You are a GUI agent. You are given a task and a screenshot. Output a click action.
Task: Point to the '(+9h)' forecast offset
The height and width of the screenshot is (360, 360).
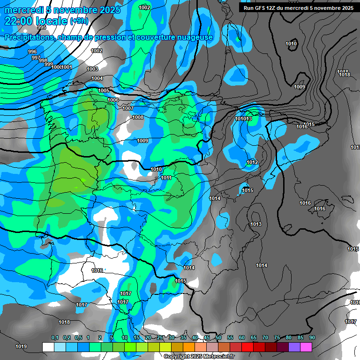coord(78,21)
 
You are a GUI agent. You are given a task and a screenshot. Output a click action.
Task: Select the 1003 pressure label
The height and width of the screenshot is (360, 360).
coord(92,69)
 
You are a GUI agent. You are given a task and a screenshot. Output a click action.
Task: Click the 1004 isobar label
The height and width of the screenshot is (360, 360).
coord(97,78)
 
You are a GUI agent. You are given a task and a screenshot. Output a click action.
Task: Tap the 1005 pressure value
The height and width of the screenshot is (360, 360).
coord(104,90)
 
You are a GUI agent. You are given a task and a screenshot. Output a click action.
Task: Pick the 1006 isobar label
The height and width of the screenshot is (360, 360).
coord(113,100)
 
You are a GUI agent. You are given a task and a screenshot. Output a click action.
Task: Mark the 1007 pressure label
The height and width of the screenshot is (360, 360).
coord(128,108)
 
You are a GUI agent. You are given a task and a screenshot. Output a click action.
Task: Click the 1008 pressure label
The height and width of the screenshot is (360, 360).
coord(138,117)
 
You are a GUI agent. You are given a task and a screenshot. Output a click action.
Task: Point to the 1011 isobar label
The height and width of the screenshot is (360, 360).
coord(166,178)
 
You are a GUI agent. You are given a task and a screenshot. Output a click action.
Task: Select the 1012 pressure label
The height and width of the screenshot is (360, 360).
coord(252,163)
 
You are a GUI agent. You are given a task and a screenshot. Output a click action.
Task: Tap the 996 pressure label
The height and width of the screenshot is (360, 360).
coord(32,52)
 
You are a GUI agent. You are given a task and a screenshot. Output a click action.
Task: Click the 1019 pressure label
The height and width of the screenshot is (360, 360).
coord(21,347)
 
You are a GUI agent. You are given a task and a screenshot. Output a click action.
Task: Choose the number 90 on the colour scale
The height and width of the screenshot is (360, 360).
coord(312,338)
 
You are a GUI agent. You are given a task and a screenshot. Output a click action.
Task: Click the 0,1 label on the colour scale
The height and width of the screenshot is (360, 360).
coord(55,338)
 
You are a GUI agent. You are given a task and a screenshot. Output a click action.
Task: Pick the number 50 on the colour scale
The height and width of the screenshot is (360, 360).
coord(218,338)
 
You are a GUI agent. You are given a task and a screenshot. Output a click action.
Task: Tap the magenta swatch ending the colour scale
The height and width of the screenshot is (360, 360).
coord(306,347)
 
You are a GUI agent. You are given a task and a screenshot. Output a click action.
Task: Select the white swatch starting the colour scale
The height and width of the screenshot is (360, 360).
coord(48,347)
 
